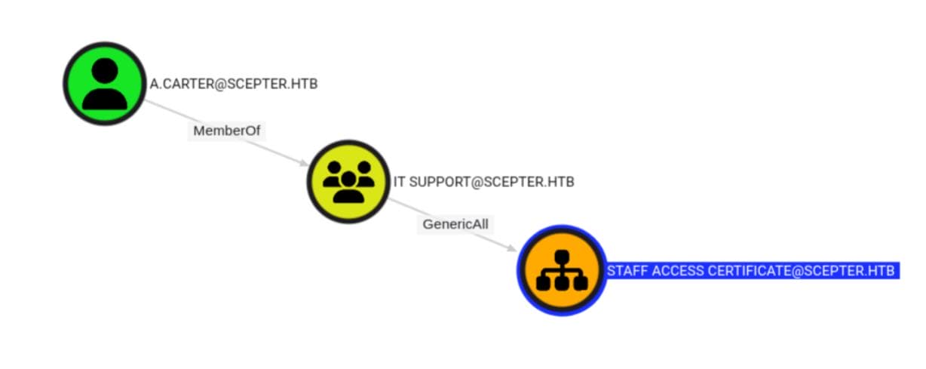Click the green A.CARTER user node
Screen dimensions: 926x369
(105, 83)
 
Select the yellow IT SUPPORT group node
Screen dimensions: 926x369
(348, 182)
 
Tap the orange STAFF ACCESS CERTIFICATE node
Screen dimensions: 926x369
(562, 271)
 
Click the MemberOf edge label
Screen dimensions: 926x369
(226, 131)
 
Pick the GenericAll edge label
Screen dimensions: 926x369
(455, 224)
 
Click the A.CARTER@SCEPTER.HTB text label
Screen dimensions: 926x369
(234, 84)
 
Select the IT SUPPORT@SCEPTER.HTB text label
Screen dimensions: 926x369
(483, 182)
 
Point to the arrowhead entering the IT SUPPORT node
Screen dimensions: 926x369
(304, 163)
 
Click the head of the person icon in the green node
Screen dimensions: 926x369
(105, 70)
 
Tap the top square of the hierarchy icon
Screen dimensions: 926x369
(562, 257)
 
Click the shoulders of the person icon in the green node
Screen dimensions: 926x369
(105, 99)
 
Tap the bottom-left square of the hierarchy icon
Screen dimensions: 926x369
(543, 283)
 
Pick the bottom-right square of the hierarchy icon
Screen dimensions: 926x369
(581, 283)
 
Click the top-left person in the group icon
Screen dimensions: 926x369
(333, 174)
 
